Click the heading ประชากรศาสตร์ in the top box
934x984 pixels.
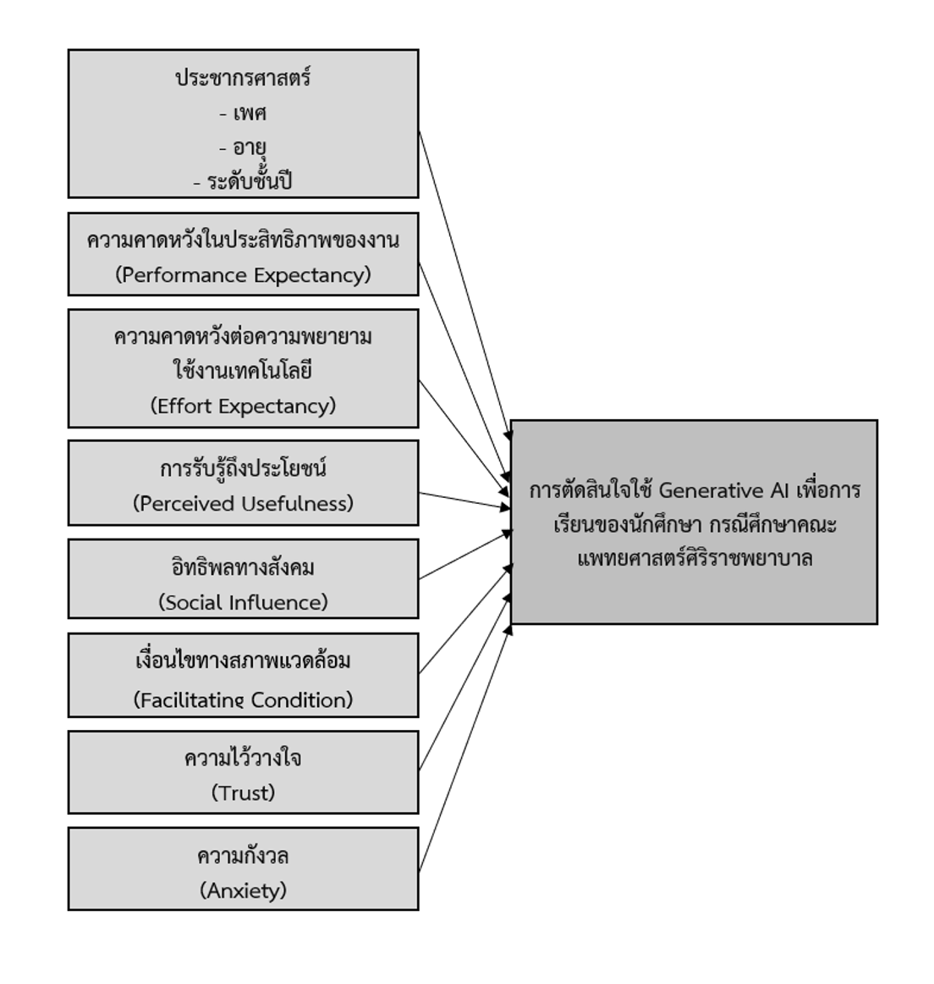(243, 78)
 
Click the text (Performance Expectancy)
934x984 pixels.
(243, 275)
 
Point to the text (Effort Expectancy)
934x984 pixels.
(243, 406)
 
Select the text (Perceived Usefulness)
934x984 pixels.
(243, 504)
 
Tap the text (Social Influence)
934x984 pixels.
(243, 602)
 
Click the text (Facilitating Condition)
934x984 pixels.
(243, 699)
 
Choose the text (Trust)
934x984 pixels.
(243, 793)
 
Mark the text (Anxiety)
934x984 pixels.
(243, 890)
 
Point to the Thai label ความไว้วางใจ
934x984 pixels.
(243, 758)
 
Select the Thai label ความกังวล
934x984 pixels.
(243, 855)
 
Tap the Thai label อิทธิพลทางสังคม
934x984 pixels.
(243, 567)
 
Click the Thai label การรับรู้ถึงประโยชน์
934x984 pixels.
(243, 469)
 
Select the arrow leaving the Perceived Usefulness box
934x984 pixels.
(464, 500)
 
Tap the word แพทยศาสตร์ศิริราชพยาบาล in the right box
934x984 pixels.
(695, 559)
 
